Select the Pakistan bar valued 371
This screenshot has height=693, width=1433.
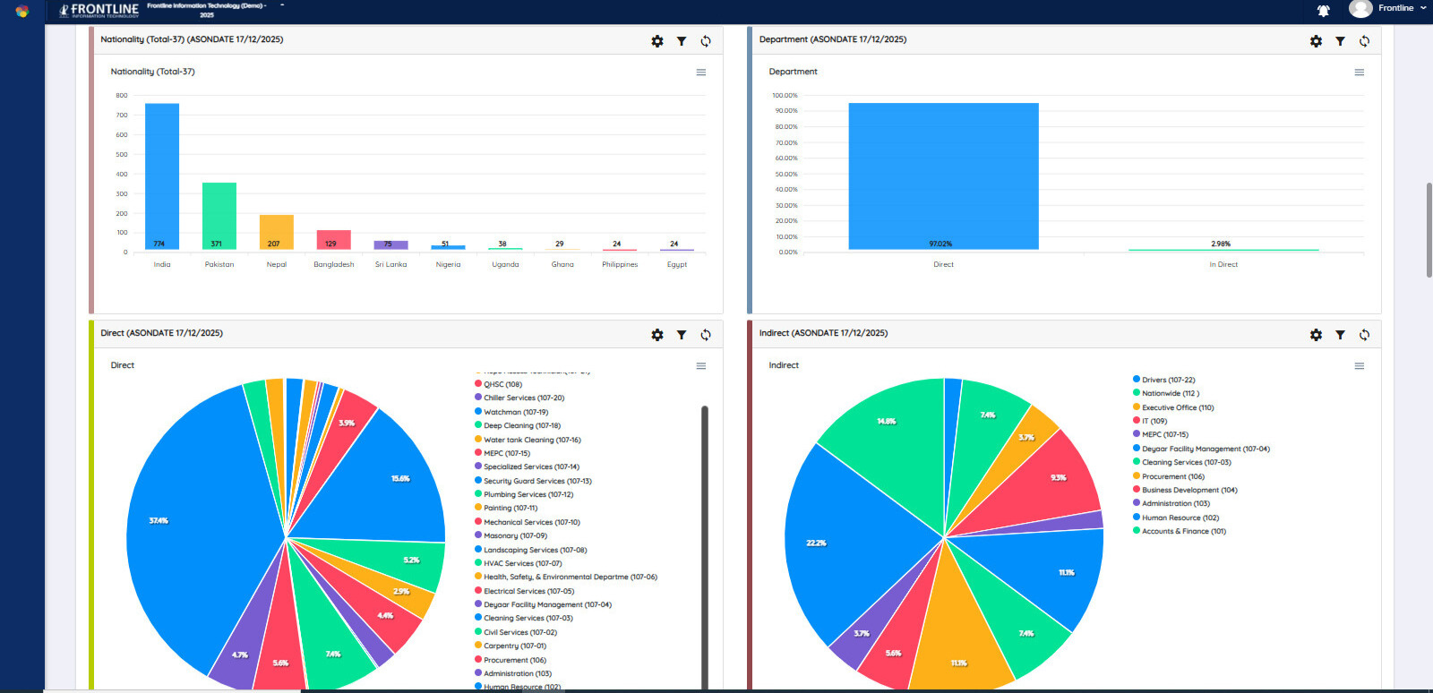coord(219,216)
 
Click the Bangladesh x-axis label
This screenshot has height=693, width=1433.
coord(333,264)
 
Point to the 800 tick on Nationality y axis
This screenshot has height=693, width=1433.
coord(122,95)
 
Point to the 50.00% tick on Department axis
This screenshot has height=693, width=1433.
coord(785,174)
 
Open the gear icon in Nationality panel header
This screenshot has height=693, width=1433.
coord(657,41)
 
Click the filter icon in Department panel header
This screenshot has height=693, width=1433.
coord(1340,41)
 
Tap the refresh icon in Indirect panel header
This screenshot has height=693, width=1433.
coord(1364,335)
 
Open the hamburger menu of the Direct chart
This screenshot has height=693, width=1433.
coord(701,366)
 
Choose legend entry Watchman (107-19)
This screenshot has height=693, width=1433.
coord(515,412)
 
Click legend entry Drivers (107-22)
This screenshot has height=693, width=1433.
coord(1168,380)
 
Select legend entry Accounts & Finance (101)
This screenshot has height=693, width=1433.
coord(1183,531)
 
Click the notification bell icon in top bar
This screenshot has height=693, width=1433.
coord(1323,11)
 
